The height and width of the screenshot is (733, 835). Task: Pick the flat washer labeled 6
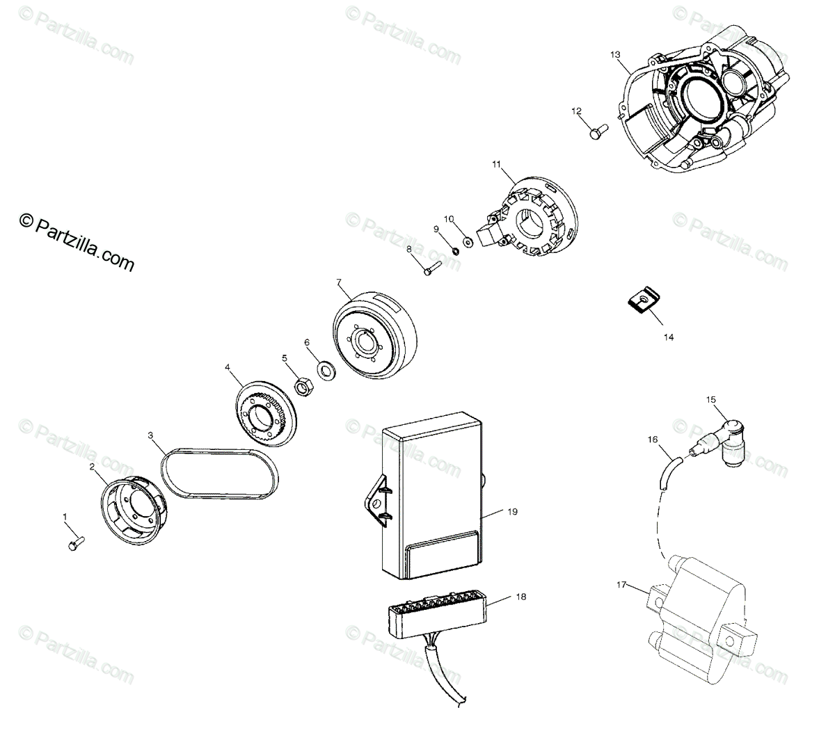coord(324,368)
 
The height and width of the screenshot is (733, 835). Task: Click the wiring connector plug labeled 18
coord(436,617)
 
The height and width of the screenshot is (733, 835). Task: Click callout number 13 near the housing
coord(614,54)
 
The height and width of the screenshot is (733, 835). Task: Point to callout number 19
coord(512,512)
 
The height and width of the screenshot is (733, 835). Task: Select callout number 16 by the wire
coord(652,439)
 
